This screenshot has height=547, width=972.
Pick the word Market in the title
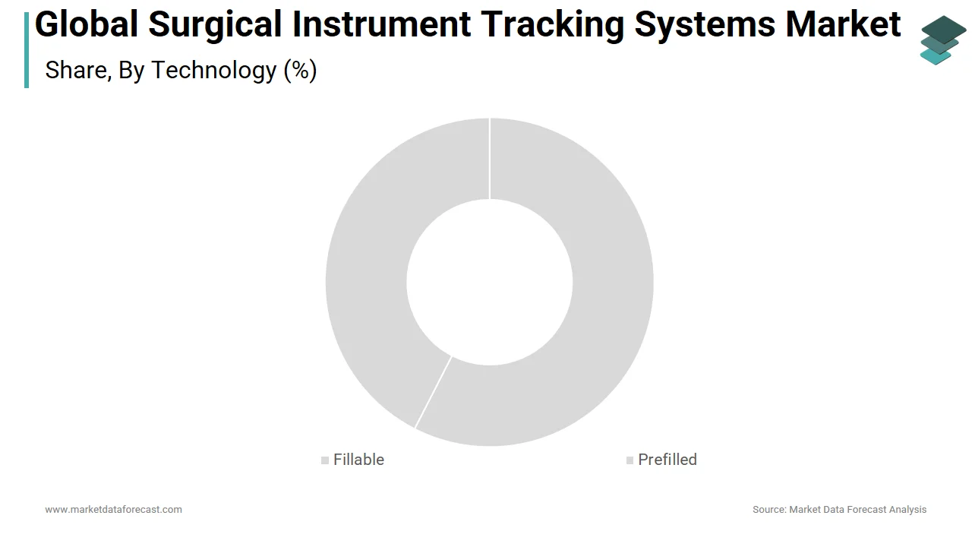coord(843,24)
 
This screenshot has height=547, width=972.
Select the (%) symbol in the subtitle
coord(300,70)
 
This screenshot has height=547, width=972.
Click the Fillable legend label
coord(358,460)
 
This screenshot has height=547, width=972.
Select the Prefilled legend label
coord(667,460)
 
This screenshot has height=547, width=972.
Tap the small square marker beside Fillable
coord(325,460)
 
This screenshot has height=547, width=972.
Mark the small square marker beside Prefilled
coord(630,460)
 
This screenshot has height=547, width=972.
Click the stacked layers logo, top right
coord(942,40)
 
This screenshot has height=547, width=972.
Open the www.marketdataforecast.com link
coord(113,509)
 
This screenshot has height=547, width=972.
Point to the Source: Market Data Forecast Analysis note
coord(839,509)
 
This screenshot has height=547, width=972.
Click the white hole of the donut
coord(489,282)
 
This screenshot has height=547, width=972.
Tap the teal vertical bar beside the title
coord(27,50)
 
